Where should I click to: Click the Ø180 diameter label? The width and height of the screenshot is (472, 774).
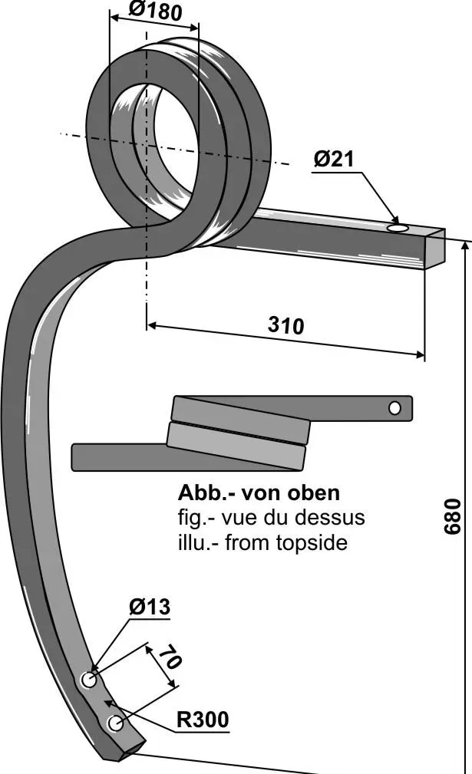[155, 11]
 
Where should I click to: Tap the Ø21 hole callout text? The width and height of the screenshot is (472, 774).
[333, 159]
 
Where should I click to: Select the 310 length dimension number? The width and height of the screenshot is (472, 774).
[286, 325]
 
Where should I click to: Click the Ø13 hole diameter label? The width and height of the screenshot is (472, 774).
[149, 608]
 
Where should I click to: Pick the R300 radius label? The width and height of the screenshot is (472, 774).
[203, 720]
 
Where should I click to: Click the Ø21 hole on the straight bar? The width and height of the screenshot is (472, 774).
[398, 228]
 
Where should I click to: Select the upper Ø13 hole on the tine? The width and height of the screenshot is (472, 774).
[89, 680]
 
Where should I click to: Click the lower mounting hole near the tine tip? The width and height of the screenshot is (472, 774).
[115, 723]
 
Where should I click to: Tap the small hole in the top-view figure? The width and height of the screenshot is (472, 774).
[394, 408]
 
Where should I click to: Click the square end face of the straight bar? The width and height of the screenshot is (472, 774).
[435, 249]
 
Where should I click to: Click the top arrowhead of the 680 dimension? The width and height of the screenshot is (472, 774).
[464, 245]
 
